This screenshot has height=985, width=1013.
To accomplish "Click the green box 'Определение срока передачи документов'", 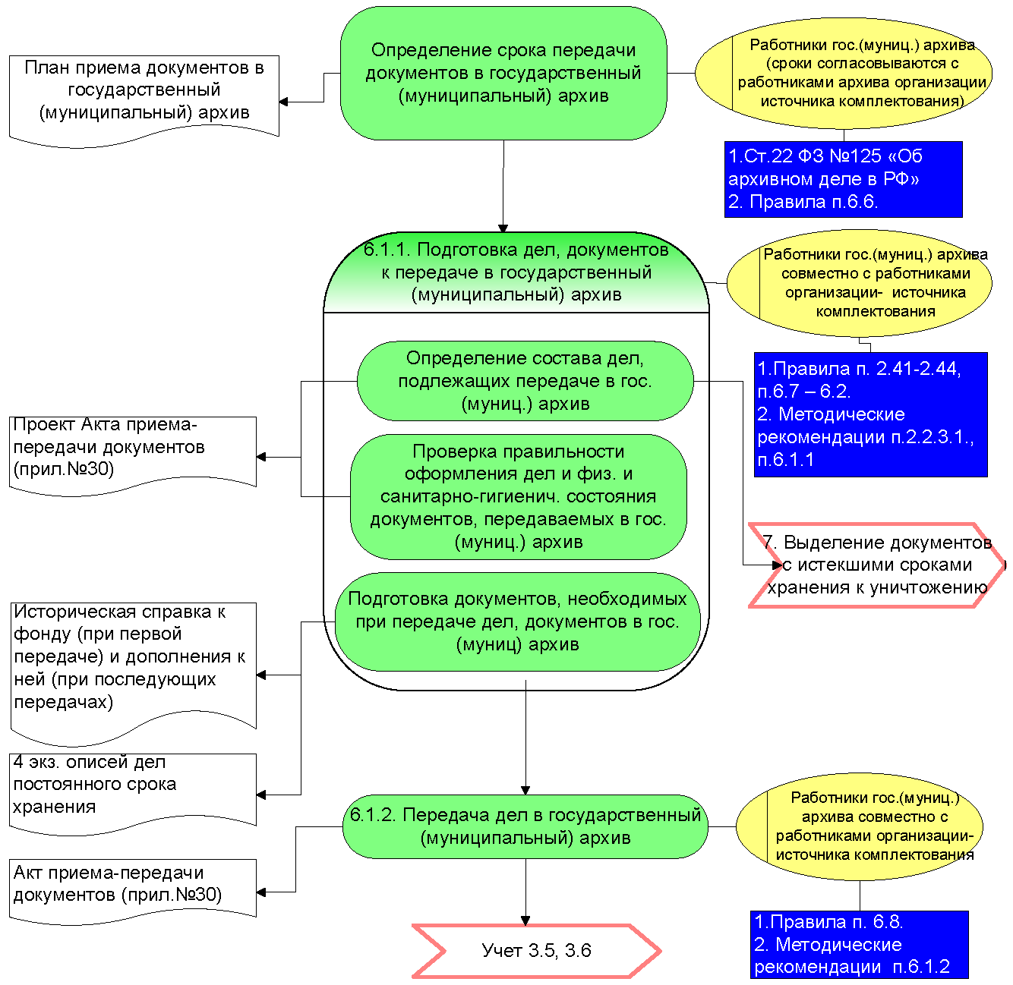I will click(503, 74).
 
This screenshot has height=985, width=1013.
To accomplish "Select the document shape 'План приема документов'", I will click(144, 95).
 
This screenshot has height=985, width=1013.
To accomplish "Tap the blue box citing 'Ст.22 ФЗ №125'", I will click(843, 179).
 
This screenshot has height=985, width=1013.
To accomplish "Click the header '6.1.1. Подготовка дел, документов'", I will click(516, 272).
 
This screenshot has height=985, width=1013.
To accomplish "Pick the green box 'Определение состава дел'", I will click(525, 381).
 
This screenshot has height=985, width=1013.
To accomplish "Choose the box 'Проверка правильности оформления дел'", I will click(519, 496).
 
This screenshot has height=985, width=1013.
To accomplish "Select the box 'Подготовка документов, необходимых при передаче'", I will click(518, 622).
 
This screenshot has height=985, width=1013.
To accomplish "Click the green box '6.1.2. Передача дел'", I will click(525, 826).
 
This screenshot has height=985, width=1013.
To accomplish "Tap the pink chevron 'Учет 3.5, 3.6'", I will click(536, 950).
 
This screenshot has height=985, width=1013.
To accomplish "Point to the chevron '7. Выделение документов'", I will click(876, 565).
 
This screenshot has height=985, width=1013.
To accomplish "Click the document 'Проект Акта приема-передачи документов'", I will click(133, 452).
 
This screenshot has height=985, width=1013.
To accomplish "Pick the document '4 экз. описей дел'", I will click(133, 789).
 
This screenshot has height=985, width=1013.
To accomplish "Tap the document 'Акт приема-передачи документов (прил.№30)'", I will click(133, 888).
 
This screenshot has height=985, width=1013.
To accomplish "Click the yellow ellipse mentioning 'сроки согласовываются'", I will click(843, 73).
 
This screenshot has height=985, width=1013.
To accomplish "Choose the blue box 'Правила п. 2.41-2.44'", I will click(870, 414).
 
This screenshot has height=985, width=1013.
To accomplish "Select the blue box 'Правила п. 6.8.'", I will click(860, 945).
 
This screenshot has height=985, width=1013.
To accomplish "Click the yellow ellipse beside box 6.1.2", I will click(860, 826).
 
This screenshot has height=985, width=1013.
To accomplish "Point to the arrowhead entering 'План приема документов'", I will click(283, 102).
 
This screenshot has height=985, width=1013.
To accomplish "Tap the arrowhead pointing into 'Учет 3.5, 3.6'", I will click(525, 920).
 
